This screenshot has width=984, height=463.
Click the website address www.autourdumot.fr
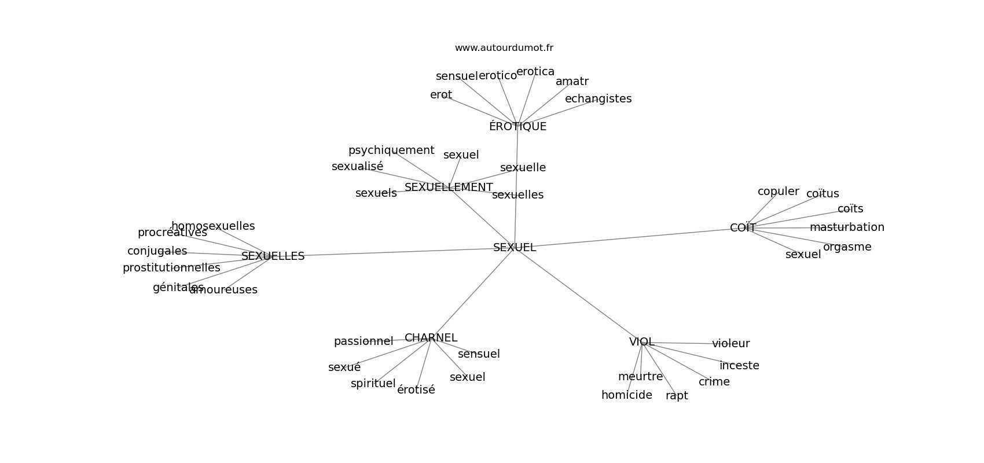click(x=504, y=48)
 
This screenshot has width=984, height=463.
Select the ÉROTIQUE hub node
click(x=517, y=127)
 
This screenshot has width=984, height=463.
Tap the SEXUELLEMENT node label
click(x=449, y=188)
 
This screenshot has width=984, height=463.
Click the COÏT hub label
click(x=743, y=228)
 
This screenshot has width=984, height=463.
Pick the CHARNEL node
click(x=431, y=338)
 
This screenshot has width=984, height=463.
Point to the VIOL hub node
click(x=641, y=342)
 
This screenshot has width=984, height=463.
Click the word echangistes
click(x=598, y=99)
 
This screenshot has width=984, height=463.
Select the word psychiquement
click(x=391, y=150)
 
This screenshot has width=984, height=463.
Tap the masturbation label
click(x=847, y=227)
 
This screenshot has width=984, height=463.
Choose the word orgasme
click(x=847, y=247)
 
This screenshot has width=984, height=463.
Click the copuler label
click(x=778, y=192)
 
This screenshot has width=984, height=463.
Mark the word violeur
click(x=730, y=344)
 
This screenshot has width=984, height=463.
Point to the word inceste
click(x=739, y=366)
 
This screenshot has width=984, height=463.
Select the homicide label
click(x=626, y=395)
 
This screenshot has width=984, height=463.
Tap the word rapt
click(x=677, y=396)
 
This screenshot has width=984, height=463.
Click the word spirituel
click(x=373, y=384)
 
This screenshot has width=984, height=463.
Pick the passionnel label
click(x=363, y=341)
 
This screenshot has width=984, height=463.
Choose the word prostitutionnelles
click(x=171, y=268)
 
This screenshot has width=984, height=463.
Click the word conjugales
click(x=157, y=251)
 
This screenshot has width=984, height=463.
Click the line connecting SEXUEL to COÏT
click(x=625, y=238)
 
